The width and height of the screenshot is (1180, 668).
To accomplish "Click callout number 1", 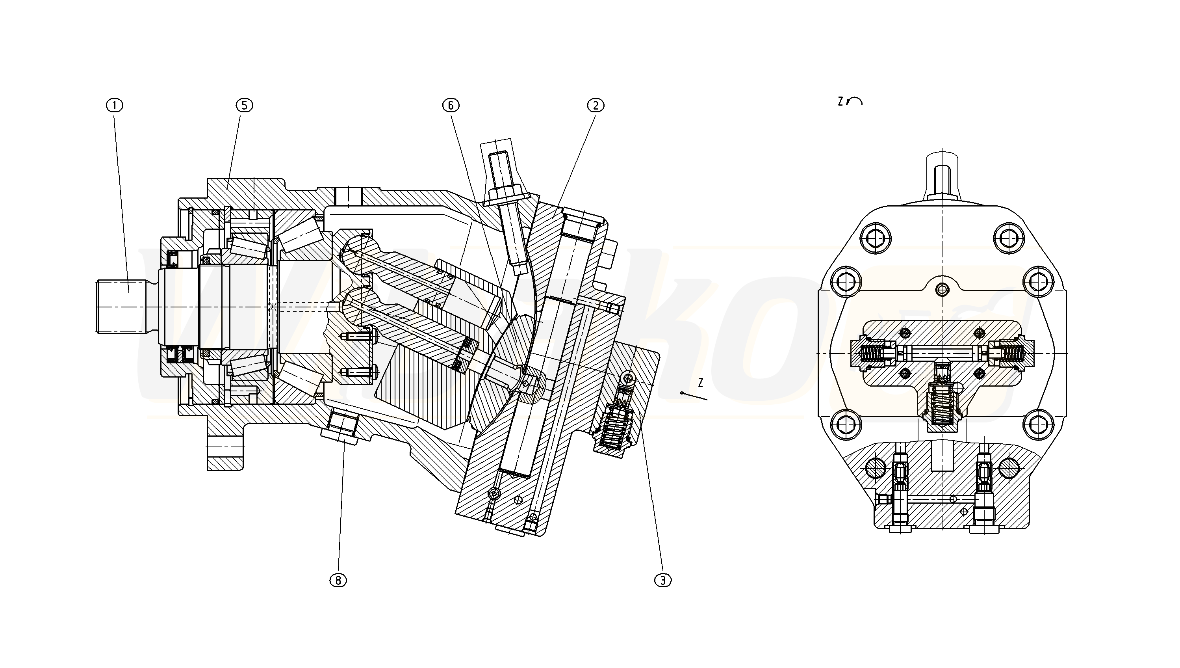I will click(115, 106).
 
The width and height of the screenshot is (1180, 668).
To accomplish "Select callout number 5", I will click(244, 106).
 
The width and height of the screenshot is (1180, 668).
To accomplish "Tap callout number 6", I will click(451, 106).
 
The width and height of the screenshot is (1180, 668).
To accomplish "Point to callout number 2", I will click(596, 106).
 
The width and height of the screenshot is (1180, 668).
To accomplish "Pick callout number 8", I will click(338, 581).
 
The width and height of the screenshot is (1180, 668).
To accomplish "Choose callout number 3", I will click(663, 581).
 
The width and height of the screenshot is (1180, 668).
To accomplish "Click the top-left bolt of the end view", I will click(876, 238).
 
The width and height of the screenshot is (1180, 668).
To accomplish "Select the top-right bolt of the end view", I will click(1009, 238).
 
